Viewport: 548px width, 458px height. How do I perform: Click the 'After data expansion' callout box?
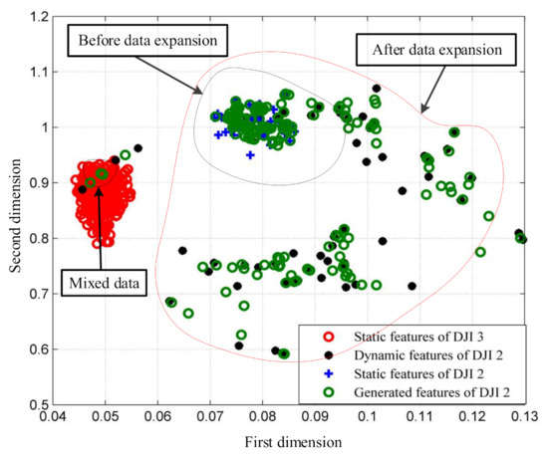point(429,48)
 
